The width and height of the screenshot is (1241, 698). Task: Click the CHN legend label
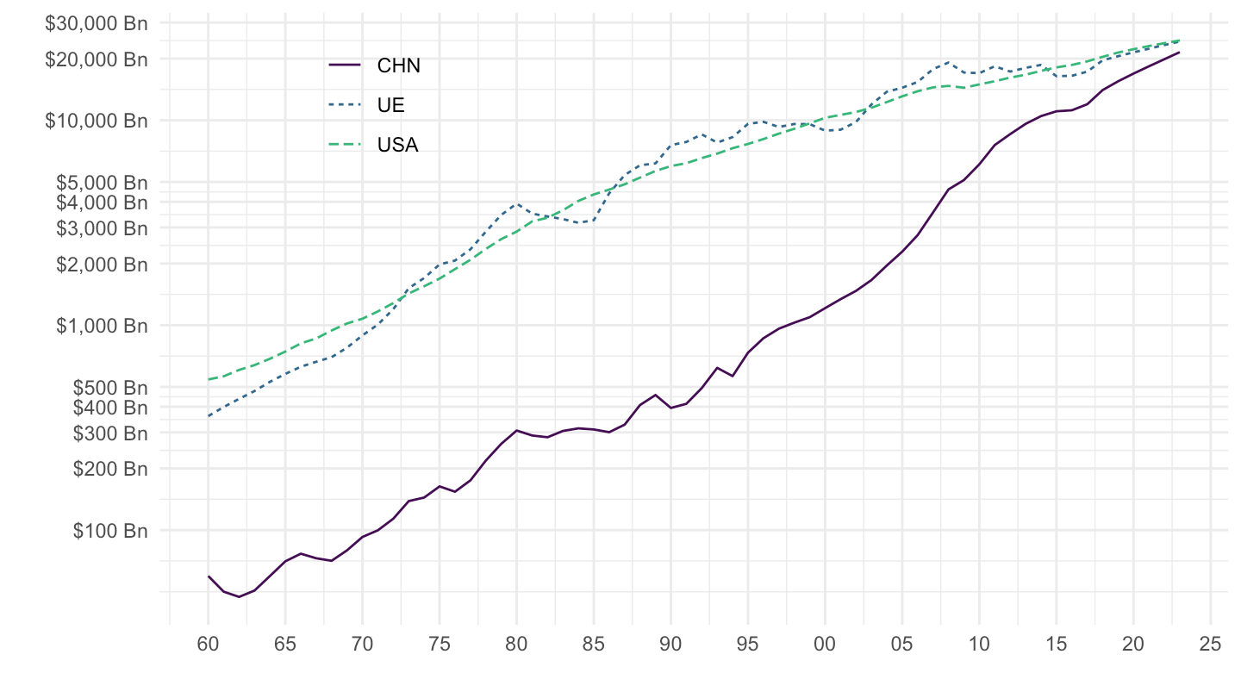pyautogui.click(x=398, y=65)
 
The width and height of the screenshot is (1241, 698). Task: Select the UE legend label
pyautogui.click(x=390, y=105)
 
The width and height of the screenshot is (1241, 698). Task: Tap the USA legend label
pyautogui.click(x=397, y=145)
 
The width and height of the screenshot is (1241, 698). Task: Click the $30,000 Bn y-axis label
pyautogui.click(x=97, y=23)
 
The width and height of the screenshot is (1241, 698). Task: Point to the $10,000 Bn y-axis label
pyautogui.click(x=97, y=120)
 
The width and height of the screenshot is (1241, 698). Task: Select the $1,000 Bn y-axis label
pyautogui.click(x=101, y=326)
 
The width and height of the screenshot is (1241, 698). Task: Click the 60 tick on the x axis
pyautogui.click(x=209, y=645)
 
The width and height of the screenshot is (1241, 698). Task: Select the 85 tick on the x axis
pyautogui.click(x=594, y=645)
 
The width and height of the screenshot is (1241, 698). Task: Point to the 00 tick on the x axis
pyautogui.click(x=826, y=645)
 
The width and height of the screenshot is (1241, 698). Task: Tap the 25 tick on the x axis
pyautogui.click(x=1211, y=645)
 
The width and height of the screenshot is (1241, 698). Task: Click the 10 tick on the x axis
pyautogui.click(x=980, y=645)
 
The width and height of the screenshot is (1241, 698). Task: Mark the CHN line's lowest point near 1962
pyautogui.click(x=240, y=596)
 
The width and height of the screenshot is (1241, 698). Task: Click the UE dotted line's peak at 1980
pyautogui.click(x=517, y=204)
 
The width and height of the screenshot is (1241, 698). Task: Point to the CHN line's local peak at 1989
pyautogui.click(x=656, y=395)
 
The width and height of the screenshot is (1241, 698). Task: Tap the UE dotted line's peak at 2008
pyautogui.click(x=949, y=62)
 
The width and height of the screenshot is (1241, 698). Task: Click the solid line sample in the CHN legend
pyautogui.click(x=345, y=65)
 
